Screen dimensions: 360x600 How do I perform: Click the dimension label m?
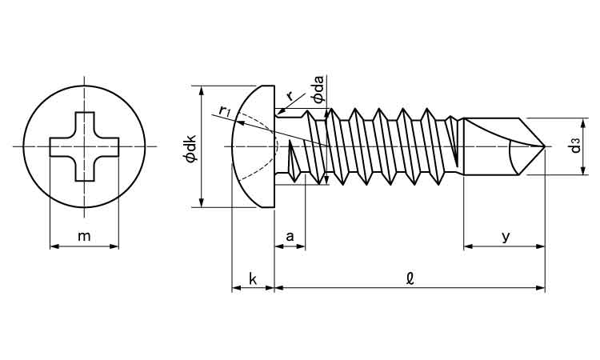84,236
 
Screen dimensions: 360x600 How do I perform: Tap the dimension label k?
252,278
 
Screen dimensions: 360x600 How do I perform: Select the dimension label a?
290,236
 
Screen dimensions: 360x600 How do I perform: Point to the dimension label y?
505,237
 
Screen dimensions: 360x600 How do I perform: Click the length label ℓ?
410,278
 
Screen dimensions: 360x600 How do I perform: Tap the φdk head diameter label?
190,147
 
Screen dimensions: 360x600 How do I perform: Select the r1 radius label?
225,110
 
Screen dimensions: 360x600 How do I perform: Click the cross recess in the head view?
84,146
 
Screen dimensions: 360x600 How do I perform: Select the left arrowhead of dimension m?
53,246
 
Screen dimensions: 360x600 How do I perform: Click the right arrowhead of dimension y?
542,246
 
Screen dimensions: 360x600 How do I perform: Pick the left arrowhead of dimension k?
234,288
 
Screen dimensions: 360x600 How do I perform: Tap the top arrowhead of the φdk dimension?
201,90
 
